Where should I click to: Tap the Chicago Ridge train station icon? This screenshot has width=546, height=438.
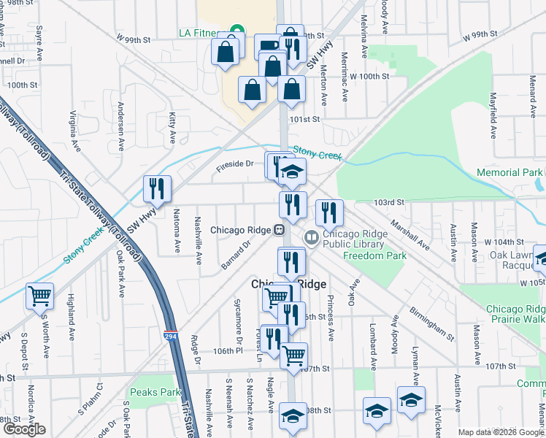[x=279, y=230]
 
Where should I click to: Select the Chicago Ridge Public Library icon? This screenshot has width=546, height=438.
[x=312, y=237]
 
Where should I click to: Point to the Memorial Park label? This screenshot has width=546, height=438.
[x=509, y=173]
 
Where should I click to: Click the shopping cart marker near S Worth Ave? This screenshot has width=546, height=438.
[x=39, y=296]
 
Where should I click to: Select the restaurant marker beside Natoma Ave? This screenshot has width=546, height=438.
[x=157, y=189]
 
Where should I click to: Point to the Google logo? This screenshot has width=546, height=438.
[x=23, y=429]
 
